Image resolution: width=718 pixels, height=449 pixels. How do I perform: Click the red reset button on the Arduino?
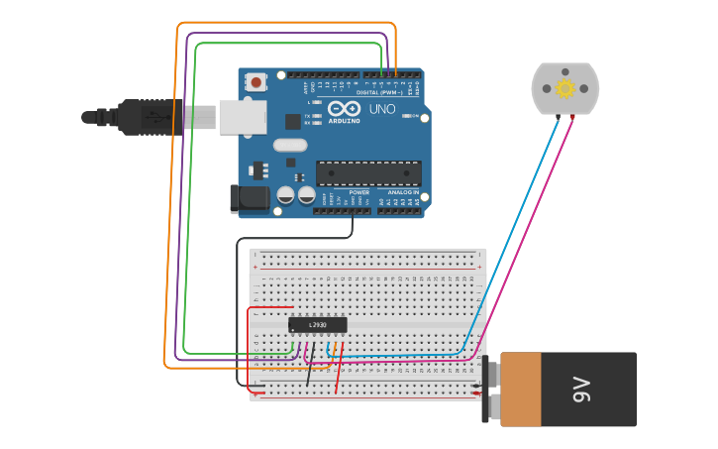coord(256,82)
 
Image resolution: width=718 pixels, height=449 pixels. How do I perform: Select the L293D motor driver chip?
coord(318,324)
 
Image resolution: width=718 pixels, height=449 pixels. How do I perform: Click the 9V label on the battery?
coord(582,390)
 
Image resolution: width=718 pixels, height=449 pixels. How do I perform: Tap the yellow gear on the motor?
coord(565,88)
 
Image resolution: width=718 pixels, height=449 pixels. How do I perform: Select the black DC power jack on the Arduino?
coord(250,197)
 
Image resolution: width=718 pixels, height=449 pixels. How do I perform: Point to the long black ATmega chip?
coord(368,172)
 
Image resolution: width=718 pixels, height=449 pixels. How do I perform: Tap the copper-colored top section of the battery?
coord(521,390)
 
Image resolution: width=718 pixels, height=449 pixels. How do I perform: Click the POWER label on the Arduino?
coord(345,192)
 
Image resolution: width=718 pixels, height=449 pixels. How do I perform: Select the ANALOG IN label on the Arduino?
coord(400,192)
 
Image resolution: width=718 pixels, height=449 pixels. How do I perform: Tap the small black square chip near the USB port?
coord(292,122)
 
